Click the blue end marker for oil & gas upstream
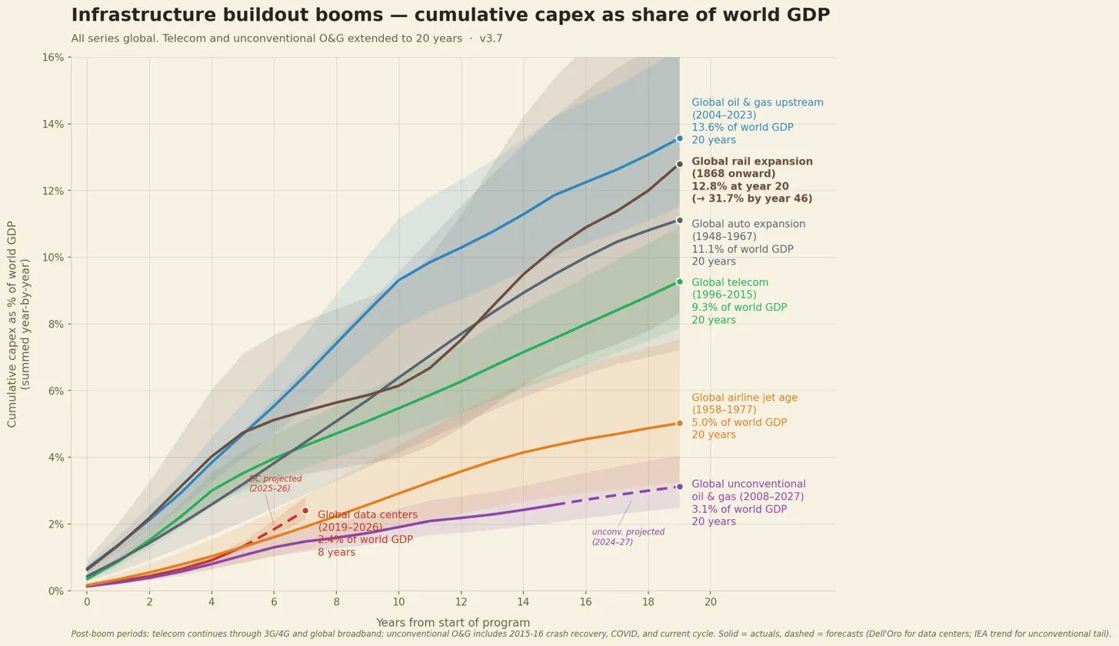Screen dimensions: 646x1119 tap(679, 138)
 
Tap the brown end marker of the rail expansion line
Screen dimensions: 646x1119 tap(679, 164)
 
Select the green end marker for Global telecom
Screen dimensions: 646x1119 tap(679, 282)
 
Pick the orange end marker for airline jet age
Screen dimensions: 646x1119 tap(679, 423)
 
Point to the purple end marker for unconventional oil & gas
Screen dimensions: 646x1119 tap(679, 487)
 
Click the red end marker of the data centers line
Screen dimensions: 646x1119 tap(305, 511)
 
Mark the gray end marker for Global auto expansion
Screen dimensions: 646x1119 tap(679, 221)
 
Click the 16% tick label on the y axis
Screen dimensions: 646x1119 tap(53, 58)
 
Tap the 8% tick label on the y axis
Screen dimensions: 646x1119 tap(55, 324)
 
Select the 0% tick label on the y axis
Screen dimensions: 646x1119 tap(55, 591)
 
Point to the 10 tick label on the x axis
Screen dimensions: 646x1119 tap(398, 602)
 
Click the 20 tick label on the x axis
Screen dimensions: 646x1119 tap(710, 602)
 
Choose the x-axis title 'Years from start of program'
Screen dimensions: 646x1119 tap(452, 623)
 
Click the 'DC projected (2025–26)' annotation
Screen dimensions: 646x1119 tap(275, 484)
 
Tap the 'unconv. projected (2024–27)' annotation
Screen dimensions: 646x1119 tap(628, 537)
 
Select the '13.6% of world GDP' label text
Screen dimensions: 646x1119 tap(742, 128)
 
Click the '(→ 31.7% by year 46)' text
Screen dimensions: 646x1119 tap(751, 199)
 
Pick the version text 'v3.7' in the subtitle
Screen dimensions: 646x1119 tap(491, 38)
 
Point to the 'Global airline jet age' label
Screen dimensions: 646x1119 tap(744, 398)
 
